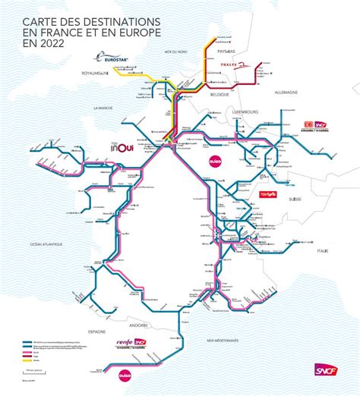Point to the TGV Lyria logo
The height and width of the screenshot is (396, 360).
pos(270,194)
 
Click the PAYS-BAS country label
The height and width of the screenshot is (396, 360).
pos(226,52)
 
